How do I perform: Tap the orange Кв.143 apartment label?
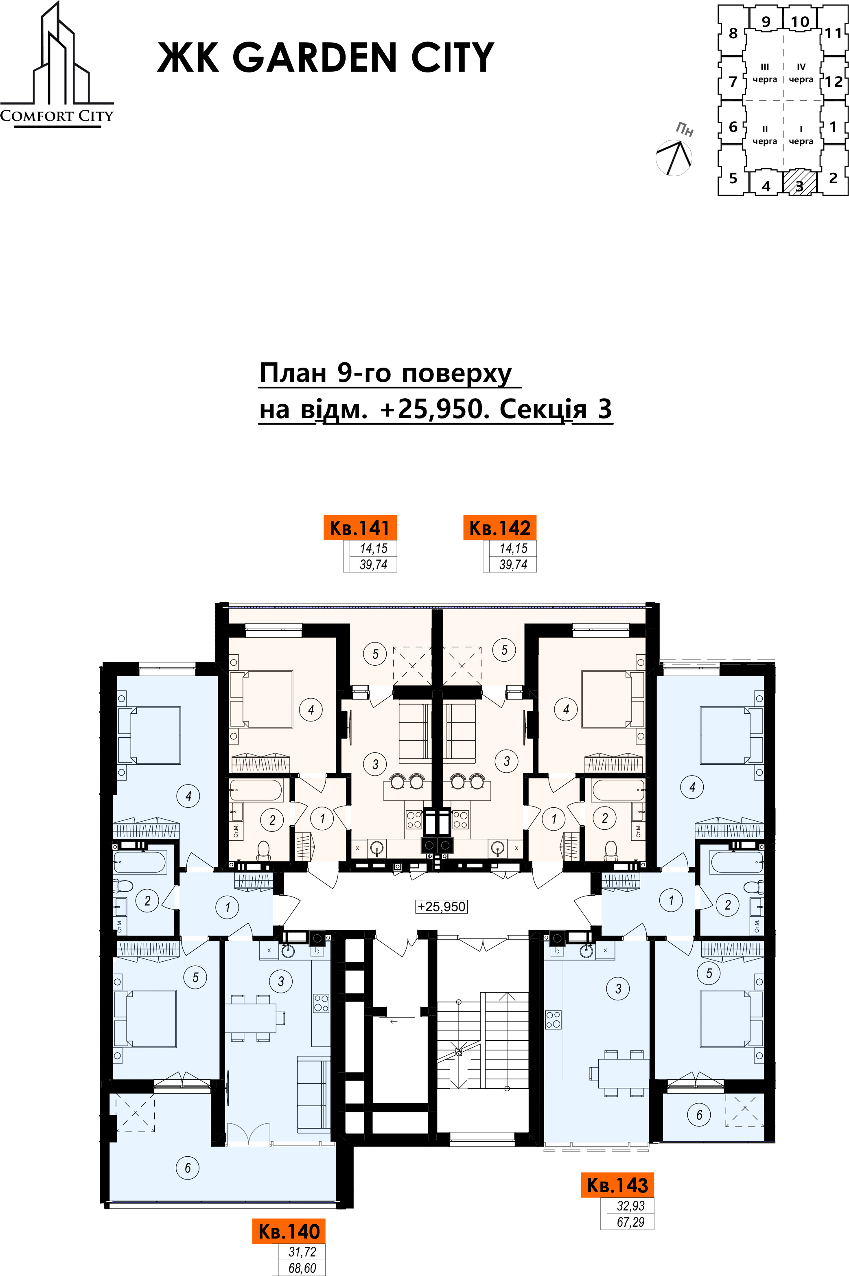(x=617, y=1185)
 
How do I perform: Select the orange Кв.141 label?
(x=360, y=528)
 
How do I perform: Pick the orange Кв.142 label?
(x=500, y=528)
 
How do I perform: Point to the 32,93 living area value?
(x=631, y=1206)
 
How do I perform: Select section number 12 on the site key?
(x=834, y=81)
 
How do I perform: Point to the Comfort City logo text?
(x=57, y=116)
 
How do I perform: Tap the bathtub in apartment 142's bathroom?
(x=618, y=789)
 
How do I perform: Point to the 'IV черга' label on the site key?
(x=801, y=73)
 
